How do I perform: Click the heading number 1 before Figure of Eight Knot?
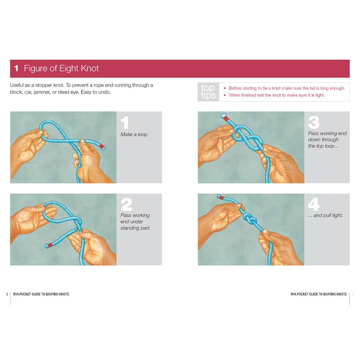pos(16,69)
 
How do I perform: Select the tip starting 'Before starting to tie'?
pos(287,88)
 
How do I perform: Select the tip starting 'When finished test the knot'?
pos(276,95)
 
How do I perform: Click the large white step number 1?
pos(126,123)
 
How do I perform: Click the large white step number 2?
pos(126,204)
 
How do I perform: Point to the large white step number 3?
pos(314,123)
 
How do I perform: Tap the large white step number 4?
pos(314,204)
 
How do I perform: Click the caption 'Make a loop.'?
pos(134,134)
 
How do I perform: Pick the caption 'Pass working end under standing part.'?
pos(135,222)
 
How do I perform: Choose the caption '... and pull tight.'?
pos(325,215)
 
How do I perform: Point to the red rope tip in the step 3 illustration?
pos(226,118)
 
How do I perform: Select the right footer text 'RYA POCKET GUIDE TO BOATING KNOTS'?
pos(318,294)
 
